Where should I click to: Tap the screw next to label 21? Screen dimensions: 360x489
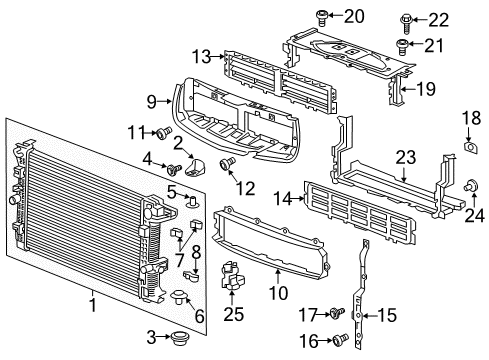[x=404, y=45]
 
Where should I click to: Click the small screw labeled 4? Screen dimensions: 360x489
[x=169, y=168]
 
